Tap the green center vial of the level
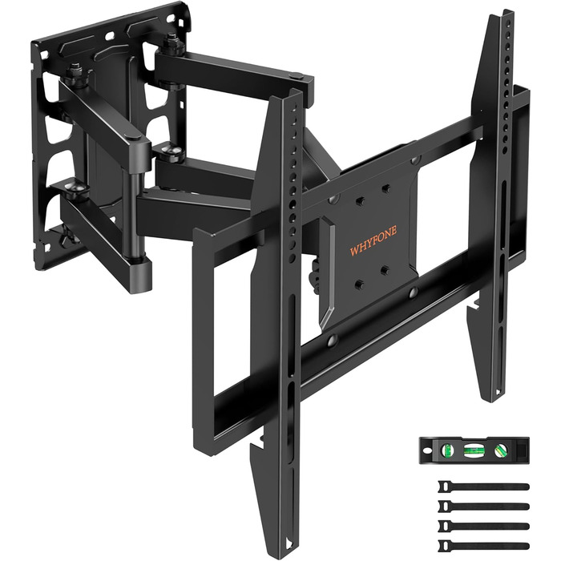[472, 450]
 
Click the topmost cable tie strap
[483, 486]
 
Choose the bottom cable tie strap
[483, 546]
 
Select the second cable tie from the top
[483, 507]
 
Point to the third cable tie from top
[483, 526]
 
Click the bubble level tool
[474, 450]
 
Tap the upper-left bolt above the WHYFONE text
[360, 200]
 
